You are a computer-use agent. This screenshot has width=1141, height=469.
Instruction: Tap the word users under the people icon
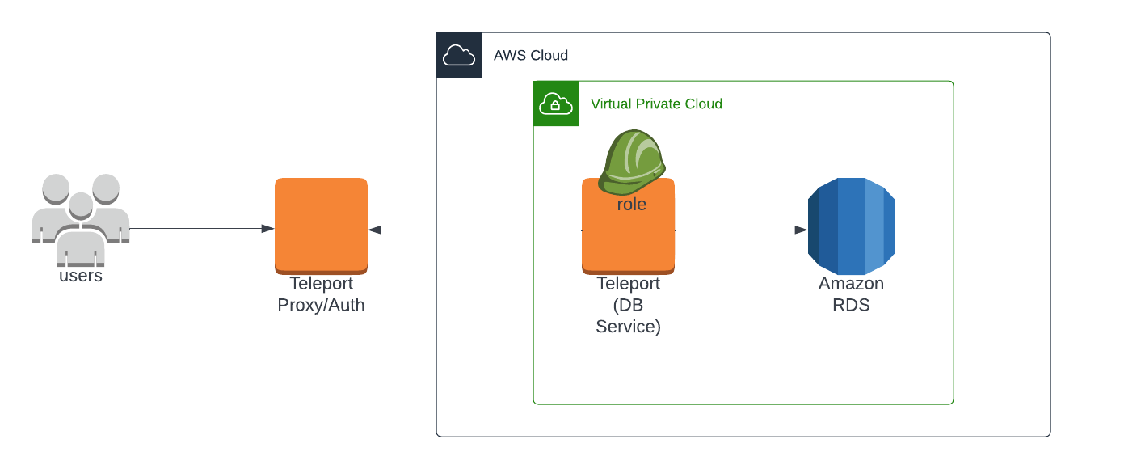[x=81, y=276]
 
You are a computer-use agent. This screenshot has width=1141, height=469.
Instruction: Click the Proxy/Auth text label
[x=321, y=306]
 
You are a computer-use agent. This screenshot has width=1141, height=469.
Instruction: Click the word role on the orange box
[x=631, y=205]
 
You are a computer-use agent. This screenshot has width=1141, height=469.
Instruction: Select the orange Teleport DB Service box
[x=628, y=243]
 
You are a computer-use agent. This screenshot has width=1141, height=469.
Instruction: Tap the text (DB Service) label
[x=628, y=316]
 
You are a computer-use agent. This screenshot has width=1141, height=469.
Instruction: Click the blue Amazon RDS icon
[x=851, y=226]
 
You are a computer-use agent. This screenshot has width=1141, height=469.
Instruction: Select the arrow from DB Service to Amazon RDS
[x=739, y=230]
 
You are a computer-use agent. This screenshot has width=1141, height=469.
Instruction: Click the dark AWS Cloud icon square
[x=459, y=55]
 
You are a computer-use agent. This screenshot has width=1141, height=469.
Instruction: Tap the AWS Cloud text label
[x=531, y=56]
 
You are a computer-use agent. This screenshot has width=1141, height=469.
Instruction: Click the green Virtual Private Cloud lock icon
[x=556, y=104]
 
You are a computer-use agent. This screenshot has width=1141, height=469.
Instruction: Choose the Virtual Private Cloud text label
[x=656, y=104]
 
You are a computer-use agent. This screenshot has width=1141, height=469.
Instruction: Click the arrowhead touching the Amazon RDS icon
[x=801, y=230]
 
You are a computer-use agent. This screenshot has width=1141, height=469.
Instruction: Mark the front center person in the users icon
[x=81, y=234]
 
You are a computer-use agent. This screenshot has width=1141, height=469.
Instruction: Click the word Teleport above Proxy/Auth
[x=321, y=284]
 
